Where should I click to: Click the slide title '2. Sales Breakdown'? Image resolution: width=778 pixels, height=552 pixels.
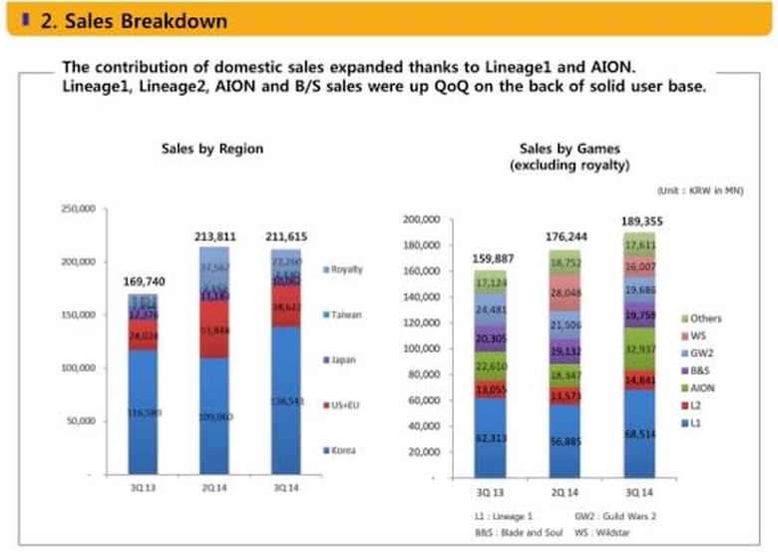(134, 20)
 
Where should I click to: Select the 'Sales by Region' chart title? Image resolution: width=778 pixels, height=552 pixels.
(212, 149)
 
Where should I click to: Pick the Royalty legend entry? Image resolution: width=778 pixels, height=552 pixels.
(344, 270)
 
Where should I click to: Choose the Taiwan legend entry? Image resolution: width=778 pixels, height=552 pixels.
(344, 314)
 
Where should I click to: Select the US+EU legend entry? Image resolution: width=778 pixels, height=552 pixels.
(344, 405)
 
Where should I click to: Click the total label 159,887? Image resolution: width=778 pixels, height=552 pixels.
(493, 258)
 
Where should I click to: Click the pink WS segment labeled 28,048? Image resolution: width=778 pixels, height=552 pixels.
(566, 293)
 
